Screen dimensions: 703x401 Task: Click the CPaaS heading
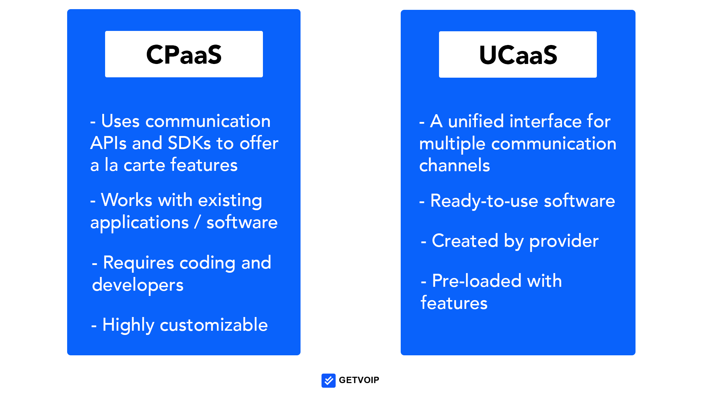[184, 54]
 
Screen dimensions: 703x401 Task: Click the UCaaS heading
[518, 55]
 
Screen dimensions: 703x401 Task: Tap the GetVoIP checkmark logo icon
[328, 380]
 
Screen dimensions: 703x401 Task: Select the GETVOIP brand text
[359, 380]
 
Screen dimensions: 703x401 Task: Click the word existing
[230, 200]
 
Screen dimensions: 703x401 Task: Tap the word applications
[140, 223]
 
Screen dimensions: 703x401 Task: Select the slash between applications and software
[198, 222]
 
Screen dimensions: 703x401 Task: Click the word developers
[138, 285]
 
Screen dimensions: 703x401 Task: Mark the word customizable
[214, 325]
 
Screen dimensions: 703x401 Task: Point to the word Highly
[128, 325]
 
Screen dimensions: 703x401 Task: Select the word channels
[454, 165]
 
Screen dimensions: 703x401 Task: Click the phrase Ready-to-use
[484, 201]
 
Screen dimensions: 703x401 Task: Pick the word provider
[564, 241]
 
